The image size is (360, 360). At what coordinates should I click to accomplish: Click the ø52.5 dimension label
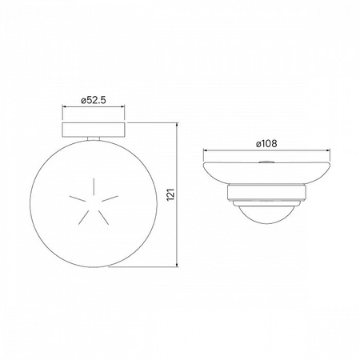point(94,100)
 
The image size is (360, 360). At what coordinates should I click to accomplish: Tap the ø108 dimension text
point(266,144)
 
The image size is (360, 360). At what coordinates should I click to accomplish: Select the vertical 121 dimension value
point(170,194)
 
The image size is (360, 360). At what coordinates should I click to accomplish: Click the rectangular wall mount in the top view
point(94,130)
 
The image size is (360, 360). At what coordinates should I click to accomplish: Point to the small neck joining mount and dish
point(94,138)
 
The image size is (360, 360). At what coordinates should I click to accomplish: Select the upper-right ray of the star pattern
point(110,198)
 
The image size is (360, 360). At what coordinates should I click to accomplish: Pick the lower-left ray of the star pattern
point(83,218)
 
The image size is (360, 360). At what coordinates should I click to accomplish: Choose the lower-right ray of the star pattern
point(104,218)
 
